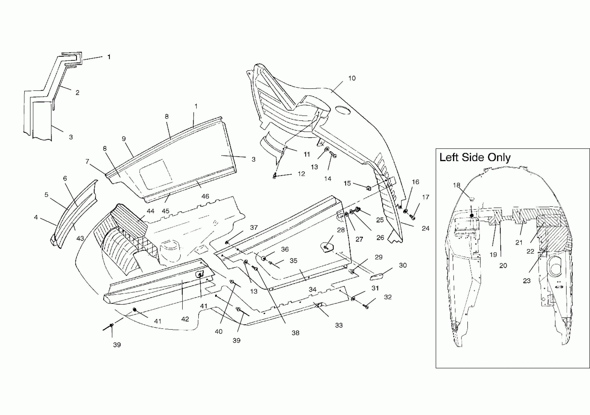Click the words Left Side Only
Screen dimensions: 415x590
pos(475,158)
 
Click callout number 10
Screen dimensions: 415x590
pos(352,78)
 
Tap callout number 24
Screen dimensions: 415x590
pos(426,228)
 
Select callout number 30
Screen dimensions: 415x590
pos(403,265)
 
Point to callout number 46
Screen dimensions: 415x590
pos(205,197)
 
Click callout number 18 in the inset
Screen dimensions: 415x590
pos(456,185)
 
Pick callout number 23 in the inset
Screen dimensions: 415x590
pos(527,281)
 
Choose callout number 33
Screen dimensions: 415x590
pos(339,325)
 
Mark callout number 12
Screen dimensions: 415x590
pos(301,174)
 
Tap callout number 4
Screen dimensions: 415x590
pos(36,217)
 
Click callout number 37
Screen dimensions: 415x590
pos(254,227)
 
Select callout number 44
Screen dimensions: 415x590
pos(150,211)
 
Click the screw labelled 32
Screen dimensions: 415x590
pos(366,306)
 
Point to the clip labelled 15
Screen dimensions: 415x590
pos(369,188)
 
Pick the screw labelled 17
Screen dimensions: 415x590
pos(413,217)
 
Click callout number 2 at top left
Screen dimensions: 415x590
pos(77,93)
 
